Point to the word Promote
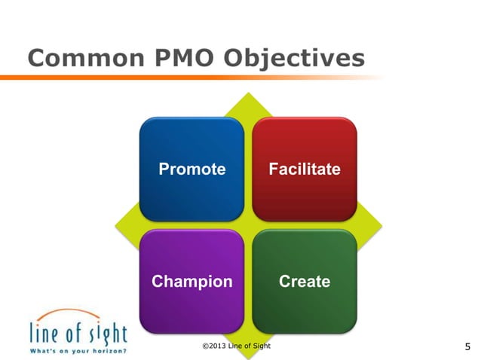(x=191, y=169)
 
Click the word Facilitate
(x=304, y=169)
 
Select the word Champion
(x=191, y=282)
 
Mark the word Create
(x=304, y=282)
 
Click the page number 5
(x=467, y=347)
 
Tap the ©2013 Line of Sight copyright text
(x=237, y=345)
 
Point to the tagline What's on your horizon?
(x=78, y=351)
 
